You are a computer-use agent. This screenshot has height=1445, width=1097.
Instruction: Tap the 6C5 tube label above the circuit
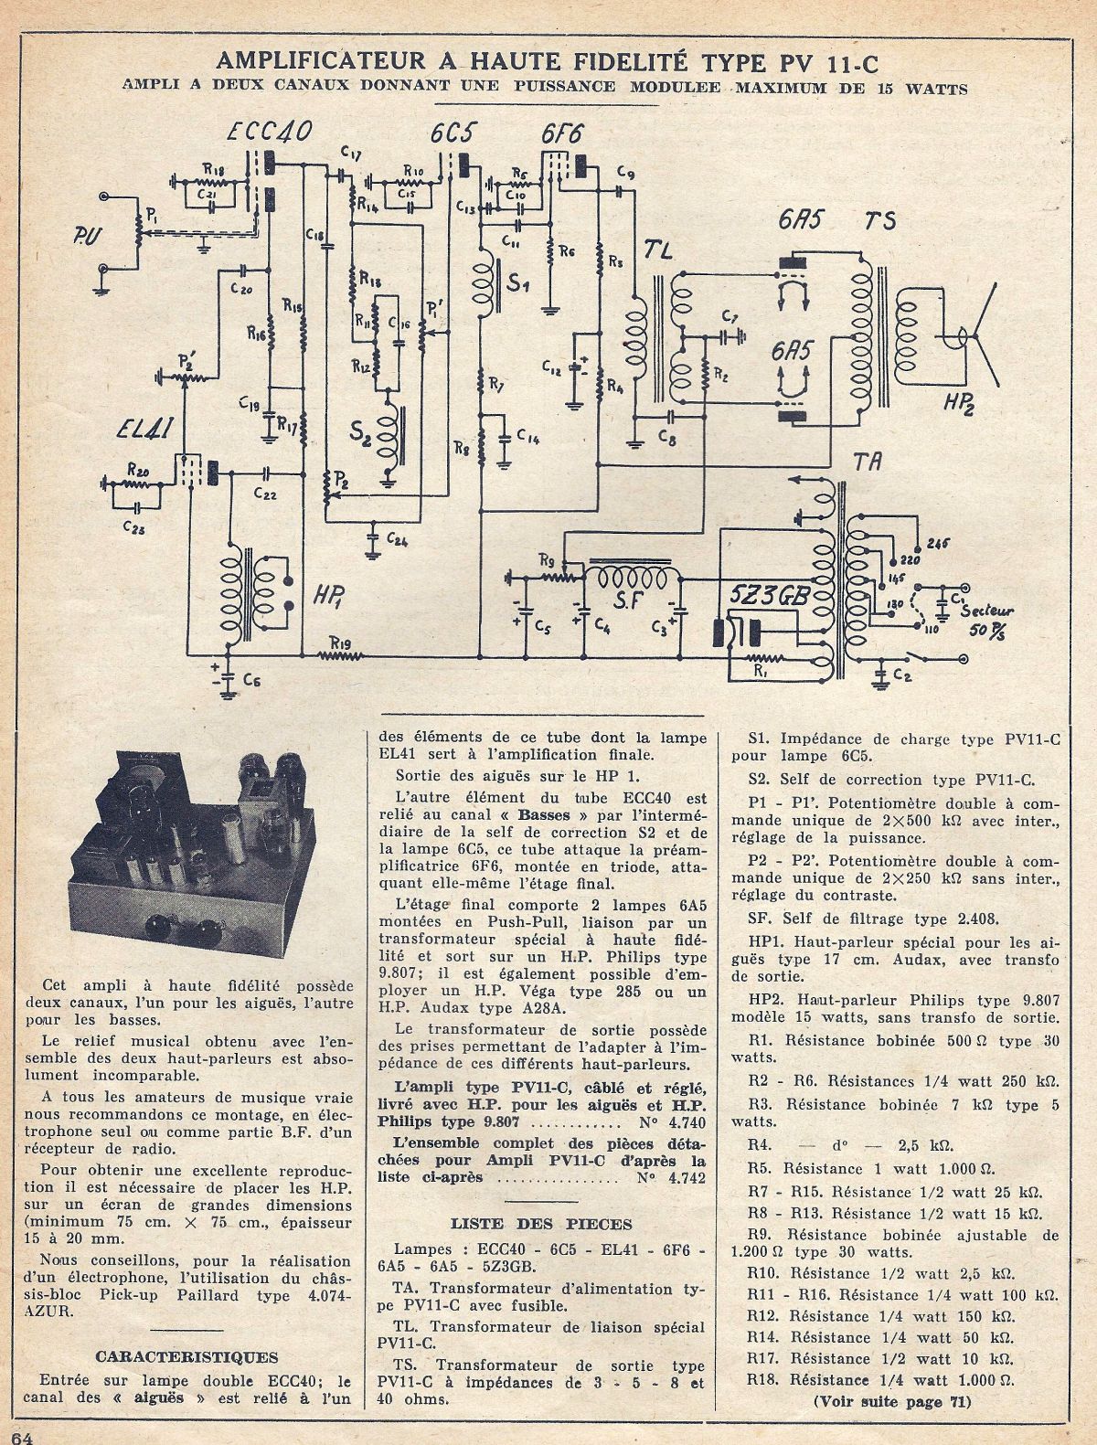[451, 134]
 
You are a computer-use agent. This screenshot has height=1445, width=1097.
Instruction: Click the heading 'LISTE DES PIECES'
[543, 1224]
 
